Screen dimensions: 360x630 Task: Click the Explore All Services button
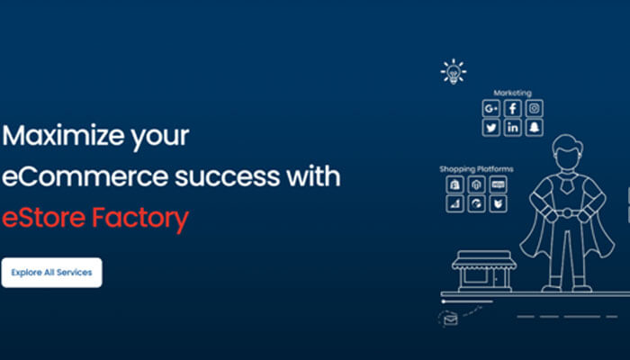[51, 272]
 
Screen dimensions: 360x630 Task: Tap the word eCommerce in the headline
[77, 176]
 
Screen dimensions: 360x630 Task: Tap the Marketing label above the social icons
[512, 93]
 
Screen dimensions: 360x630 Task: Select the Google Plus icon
[491, 109]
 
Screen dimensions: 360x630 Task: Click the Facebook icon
[513, 109]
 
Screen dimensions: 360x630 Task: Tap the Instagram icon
[535, 109]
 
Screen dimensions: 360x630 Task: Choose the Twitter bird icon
[491, 129]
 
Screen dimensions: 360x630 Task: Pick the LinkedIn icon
[513, 129]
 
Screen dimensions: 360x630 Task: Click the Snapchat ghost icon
[535, 129]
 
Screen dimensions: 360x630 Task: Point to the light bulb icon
[453, 71]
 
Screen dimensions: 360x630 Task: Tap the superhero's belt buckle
[566, 214]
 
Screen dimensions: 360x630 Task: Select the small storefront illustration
[484, 272]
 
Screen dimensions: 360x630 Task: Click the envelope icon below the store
[450, 317]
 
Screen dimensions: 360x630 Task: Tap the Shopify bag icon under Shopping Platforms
[455, 185]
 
